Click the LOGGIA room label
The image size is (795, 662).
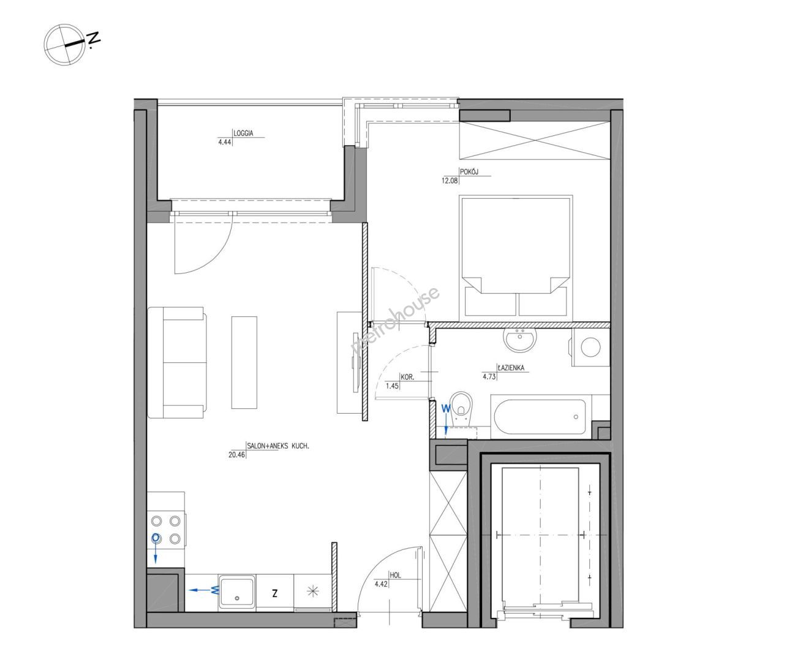[243, 134]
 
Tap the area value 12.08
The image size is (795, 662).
[450, 181]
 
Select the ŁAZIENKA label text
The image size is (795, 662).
[511, 368]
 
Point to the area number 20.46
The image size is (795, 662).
[236, 454]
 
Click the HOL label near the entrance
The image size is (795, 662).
[395, 576]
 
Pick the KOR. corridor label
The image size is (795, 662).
[407, 378]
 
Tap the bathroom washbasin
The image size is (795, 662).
[520, 339]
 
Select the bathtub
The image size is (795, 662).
[540, 417]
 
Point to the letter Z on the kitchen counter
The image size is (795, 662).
[274, 593]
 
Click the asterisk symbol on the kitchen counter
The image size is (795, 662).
[312, 591]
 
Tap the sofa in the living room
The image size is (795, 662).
[178, 362]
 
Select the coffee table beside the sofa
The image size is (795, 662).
[244, 362]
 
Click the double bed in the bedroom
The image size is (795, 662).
[516, 256]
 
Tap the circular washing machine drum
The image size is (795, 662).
[590, 347]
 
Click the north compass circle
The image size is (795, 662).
[64, 45]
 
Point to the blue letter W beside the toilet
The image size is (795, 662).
[445, 409]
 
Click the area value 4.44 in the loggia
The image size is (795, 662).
[225, 143]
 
